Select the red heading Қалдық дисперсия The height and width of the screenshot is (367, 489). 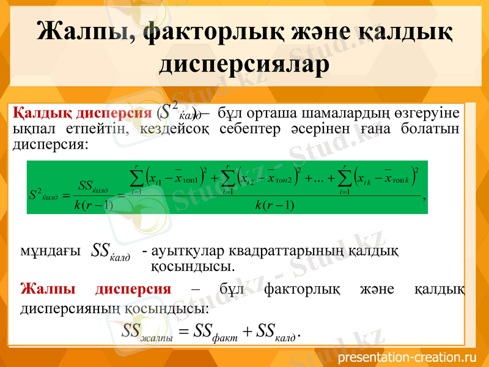83,114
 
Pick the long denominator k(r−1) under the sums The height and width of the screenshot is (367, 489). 274,204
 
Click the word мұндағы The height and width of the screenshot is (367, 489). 50,251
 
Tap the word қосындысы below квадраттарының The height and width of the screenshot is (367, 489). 191,267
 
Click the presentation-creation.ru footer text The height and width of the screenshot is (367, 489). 406,357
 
